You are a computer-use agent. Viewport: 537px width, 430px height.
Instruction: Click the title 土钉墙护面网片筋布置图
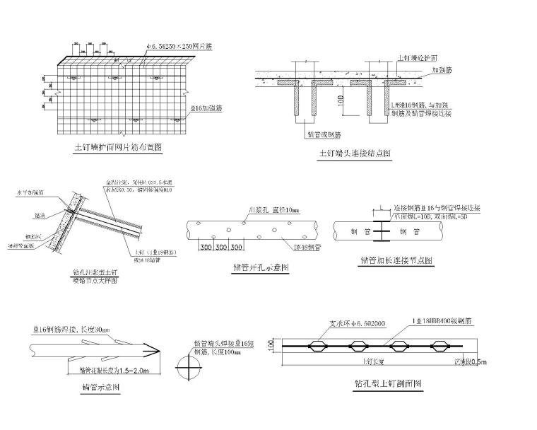tap(118, 148)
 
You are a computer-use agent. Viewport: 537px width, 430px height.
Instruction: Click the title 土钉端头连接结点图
tap(354, 153)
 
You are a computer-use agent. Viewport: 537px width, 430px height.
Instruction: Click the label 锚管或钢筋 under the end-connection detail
tap(324, 134)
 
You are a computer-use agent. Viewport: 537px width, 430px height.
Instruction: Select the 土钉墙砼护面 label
tap(421, 57)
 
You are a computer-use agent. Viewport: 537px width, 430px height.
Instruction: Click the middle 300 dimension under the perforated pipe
tap(222, 248)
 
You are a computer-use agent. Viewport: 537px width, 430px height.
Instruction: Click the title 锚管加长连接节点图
tap(396, 260)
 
